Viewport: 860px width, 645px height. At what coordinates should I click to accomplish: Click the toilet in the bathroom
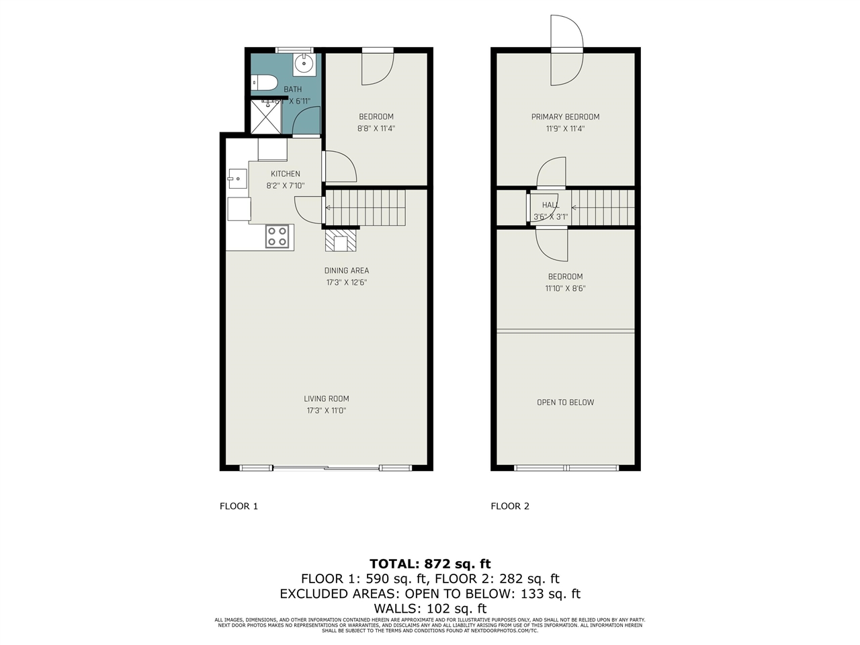[264, 83]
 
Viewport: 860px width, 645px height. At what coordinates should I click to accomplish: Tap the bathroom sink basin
[304, 65]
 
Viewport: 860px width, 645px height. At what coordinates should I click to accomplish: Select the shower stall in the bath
[266, 117]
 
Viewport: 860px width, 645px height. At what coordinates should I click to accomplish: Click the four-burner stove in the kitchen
[277, 236]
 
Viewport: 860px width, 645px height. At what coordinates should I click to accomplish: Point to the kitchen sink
[237, 179]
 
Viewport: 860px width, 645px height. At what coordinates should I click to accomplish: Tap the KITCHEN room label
[286, 174]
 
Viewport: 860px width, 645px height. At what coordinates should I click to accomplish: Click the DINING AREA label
[347, 271]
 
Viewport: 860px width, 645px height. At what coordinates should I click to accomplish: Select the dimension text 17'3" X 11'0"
[327, 411]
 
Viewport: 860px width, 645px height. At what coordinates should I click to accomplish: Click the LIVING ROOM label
[327, 398]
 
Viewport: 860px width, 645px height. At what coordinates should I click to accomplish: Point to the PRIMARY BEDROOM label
[565, 117]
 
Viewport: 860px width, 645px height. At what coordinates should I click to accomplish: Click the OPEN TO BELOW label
[565, 402]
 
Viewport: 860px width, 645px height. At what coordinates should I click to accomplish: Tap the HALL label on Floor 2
[550, 205]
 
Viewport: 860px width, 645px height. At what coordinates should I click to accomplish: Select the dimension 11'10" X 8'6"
[565, 289]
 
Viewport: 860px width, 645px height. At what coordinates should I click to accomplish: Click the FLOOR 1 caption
[239, 506]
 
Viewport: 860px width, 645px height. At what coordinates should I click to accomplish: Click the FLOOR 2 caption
[510, 506]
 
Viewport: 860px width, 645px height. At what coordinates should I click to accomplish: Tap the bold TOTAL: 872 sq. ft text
[430, 564]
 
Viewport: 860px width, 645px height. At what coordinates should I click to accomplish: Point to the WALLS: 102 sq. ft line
[430, 609]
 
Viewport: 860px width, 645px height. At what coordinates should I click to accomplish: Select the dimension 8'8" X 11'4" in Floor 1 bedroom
[376, 128]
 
